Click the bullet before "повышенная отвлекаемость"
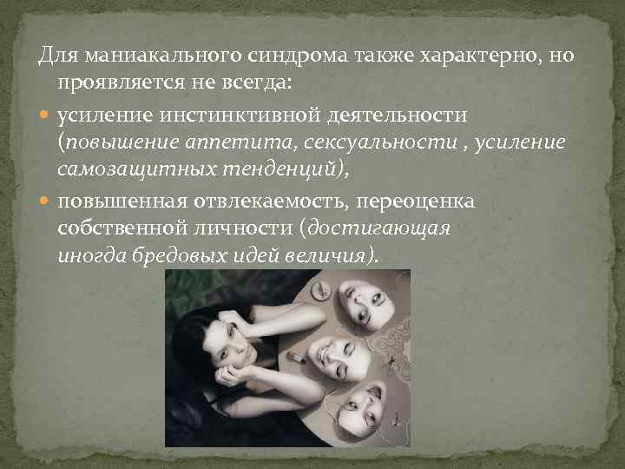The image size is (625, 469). pos(46,202)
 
